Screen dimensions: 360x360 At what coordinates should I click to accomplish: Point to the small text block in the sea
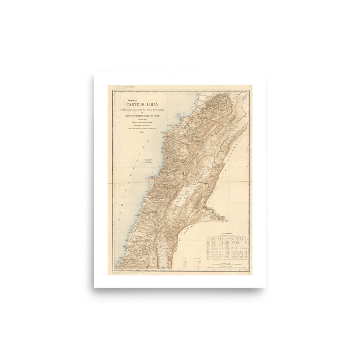pos(147,161)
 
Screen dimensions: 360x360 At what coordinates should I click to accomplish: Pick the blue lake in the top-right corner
pos(245,96)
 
